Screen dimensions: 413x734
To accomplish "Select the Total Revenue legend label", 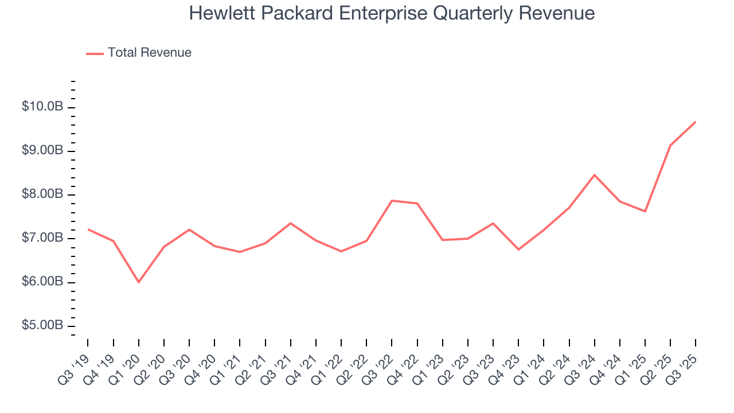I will [149, 53].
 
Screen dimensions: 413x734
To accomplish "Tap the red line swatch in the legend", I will [95, 53].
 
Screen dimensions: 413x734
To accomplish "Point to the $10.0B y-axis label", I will [43, 107].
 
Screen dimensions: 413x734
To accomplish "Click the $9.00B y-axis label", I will [43, 151].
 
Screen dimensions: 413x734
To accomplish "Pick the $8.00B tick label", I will [43, 194].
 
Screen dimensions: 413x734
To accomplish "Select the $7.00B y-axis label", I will [43, 238].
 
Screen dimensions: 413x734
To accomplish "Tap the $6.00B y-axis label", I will [43, 282].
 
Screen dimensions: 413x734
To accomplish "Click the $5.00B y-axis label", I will [43, 325].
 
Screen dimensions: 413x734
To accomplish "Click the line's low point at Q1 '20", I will [138, 282].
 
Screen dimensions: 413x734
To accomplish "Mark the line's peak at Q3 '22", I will [392, 201].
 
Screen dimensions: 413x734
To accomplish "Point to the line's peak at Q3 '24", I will [595, 175].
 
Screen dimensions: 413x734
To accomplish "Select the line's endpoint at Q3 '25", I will [696, 122].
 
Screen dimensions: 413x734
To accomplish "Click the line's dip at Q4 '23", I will [518, 250].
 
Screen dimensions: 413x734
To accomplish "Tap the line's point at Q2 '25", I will [670, 145].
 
